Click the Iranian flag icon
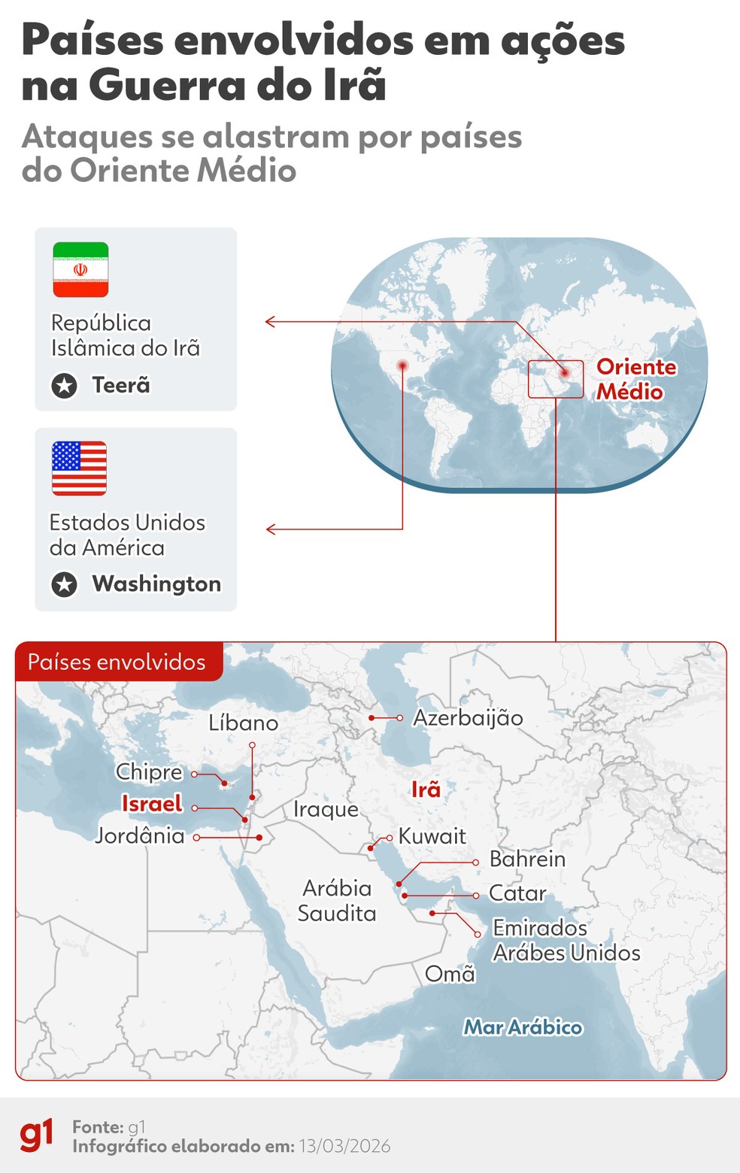point(80,270)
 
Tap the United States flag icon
point(79,468)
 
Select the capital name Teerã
point(121,385)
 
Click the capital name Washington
point(156,583)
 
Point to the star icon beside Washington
point(65,584)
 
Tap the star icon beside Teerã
point(65,386)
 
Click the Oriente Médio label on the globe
point(635,379)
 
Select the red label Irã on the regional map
point(426,790)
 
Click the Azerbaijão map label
point(468,718)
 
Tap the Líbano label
point(243,723)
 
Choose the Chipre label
point(149,772)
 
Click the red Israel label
point(152,804)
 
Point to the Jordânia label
point(140,835)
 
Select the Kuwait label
point(432,836)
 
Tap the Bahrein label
point(527,859)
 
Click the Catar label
point(517,893)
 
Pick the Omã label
point(450,974)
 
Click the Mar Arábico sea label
point(523,1027)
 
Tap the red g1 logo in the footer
point(37,1135)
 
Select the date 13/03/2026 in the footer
point(344,1146)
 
